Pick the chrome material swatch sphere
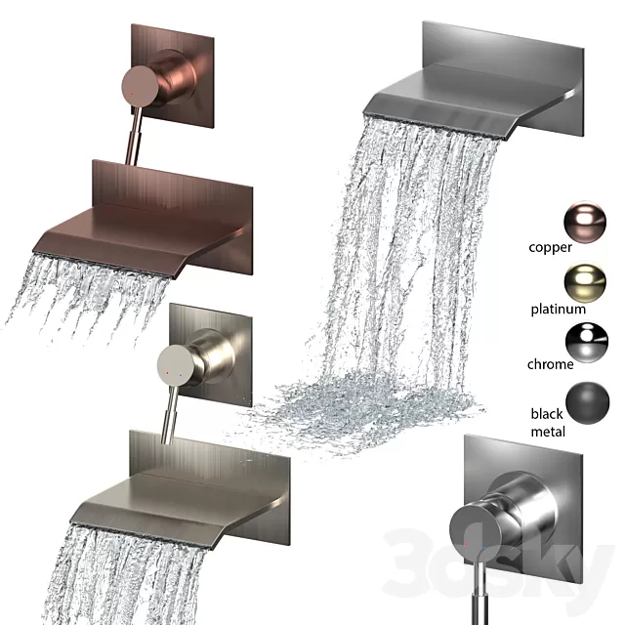point(585,342)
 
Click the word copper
point(551,247)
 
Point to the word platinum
point(558,309)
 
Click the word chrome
point(551,364)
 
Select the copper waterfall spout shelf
point(146,239)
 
